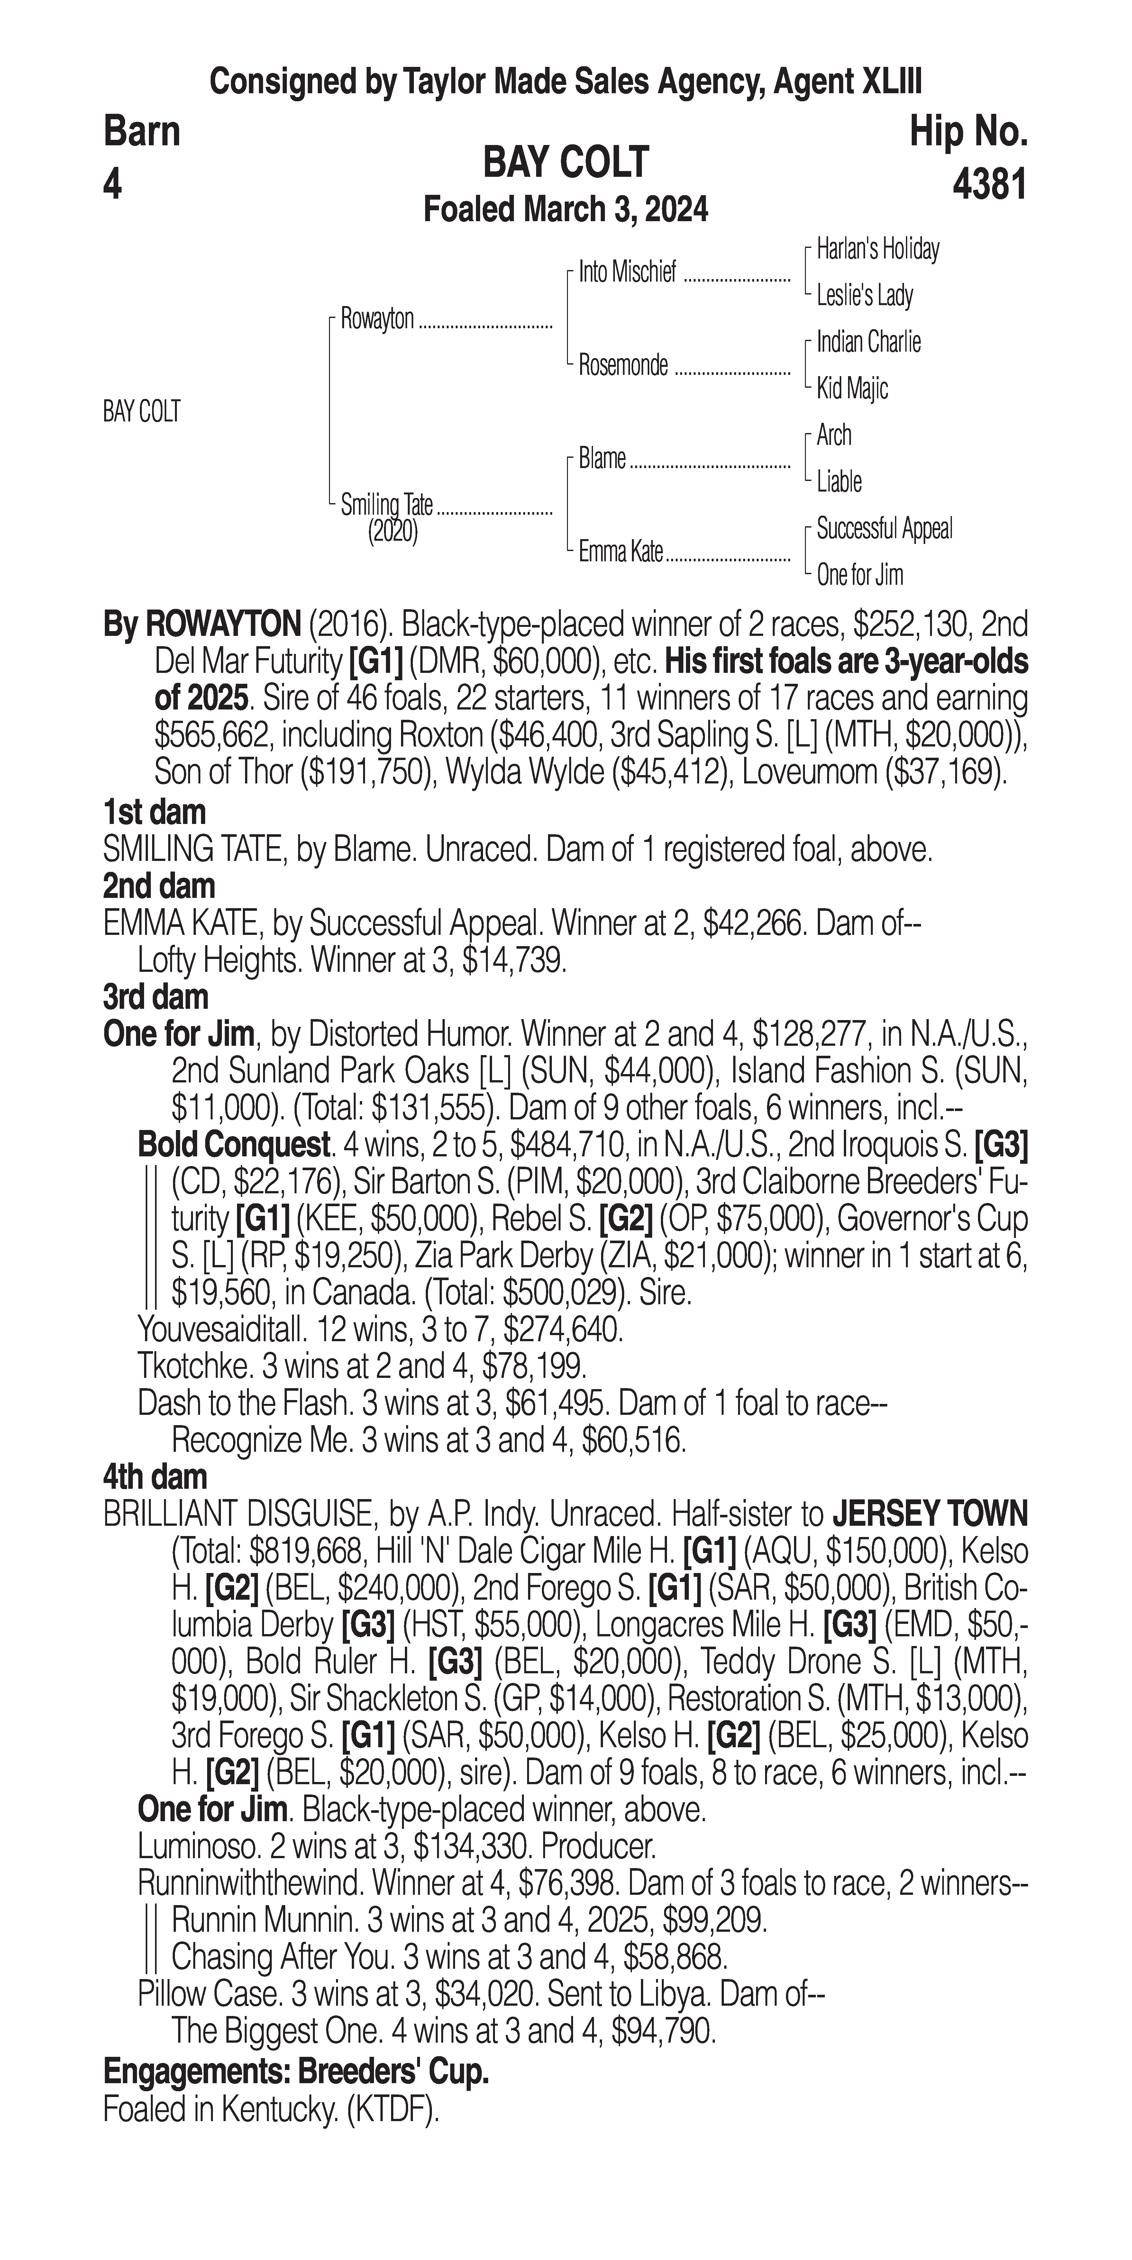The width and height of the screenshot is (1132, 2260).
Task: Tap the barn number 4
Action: (112, 185)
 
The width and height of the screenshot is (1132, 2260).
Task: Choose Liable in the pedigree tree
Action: (839, 482)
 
